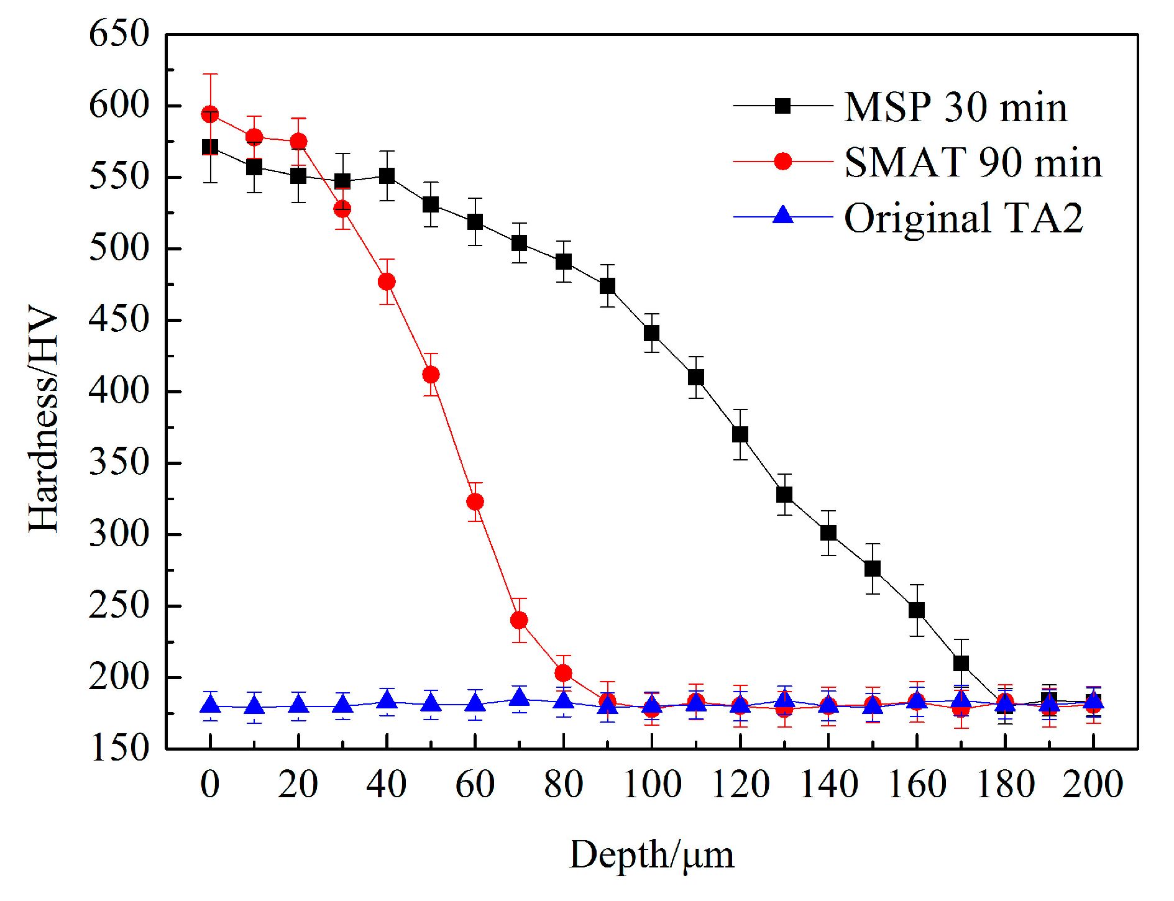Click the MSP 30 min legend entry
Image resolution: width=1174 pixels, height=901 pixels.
tap(955, 107)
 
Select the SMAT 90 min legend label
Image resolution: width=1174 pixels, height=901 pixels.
tap(973, 162)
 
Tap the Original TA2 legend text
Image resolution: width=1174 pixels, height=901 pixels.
tap(963, 217)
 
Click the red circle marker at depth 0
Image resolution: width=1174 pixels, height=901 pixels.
tap(210, 114)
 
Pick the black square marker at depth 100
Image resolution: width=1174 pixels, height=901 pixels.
tap(651, 333)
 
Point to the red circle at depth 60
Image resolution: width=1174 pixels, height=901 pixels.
tap(475, 501)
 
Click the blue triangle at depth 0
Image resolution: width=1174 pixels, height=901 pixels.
tap(210, 705)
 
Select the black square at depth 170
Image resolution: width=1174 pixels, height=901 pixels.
tap(961, 663)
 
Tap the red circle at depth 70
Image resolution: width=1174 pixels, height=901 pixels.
tap(519, 620)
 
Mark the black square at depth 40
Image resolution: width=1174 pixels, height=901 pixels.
tap(387, 176)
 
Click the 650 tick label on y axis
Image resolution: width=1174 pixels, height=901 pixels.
tap(119, 34)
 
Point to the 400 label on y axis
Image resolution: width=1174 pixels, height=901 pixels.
tap(119, 391)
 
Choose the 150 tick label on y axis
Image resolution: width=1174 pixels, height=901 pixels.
tap(119, 748)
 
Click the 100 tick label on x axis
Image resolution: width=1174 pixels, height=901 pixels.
tap(651, 784)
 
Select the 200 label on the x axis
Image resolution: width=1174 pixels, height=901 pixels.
tap(1093, 784)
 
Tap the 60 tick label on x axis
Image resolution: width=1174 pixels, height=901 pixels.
tap(475, 784)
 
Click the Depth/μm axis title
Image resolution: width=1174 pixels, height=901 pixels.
tap(651, 856)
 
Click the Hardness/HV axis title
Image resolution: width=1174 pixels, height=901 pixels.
tap(44, 419)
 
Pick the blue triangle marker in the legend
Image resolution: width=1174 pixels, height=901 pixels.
tap(783, 216)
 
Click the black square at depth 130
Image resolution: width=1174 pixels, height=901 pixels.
tap(784, 495)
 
